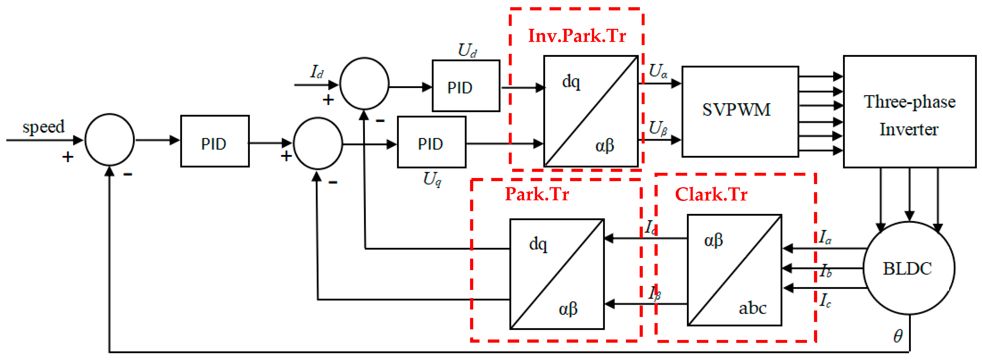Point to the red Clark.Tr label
(711, 194)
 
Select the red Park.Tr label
(537, 194)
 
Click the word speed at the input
(43, 127)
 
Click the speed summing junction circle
(109, 140)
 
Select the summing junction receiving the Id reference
(364, 84)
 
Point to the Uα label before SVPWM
(658, 71)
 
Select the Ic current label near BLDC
(825, 300)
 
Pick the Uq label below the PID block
(432, 178)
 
